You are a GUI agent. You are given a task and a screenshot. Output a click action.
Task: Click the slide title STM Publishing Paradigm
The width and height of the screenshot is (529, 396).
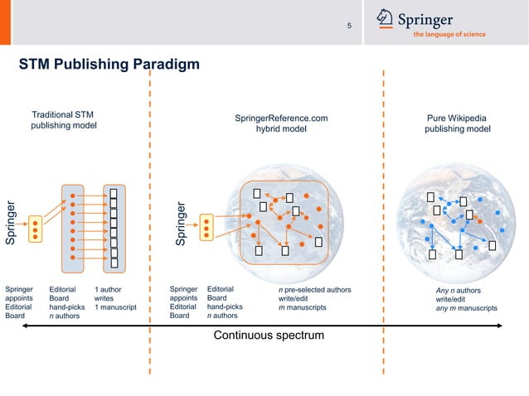[109, 65]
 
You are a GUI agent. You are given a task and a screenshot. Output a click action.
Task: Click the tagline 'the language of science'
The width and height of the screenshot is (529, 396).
[449, 34]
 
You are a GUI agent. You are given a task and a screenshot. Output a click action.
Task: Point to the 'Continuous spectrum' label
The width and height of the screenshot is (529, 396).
[269, 336]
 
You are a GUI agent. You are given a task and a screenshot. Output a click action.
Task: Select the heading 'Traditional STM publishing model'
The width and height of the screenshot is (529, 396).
[63, 119]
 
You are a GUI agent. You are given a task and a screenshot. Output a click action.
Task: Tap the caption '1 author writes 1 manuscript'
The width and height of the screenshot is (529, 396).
[114, 298]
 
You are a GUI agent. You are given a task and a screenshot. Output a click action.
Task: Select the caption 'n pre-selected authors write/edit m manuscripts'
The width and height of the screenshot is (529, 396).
[314, 298]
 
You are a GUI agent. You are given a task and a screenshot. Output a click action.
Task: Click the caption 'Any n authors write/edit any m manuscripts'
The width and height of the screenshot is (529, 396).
[466, 299]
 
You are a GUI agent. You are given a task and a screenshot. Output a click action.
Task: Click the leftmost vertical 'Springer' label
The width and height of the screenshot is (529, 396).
[11, 223]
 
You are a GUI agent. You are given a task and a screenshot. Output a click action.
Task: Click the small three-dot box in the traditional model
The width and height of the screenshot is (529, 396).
[35, 229]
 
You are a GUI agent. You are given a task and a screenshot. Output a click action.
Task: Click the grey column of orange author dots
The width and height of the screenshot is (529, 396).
[73, 227]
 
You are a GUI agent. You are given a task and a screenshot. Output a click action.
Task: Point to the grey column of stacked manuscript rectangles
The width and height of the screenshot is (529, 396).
[114, 227]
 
